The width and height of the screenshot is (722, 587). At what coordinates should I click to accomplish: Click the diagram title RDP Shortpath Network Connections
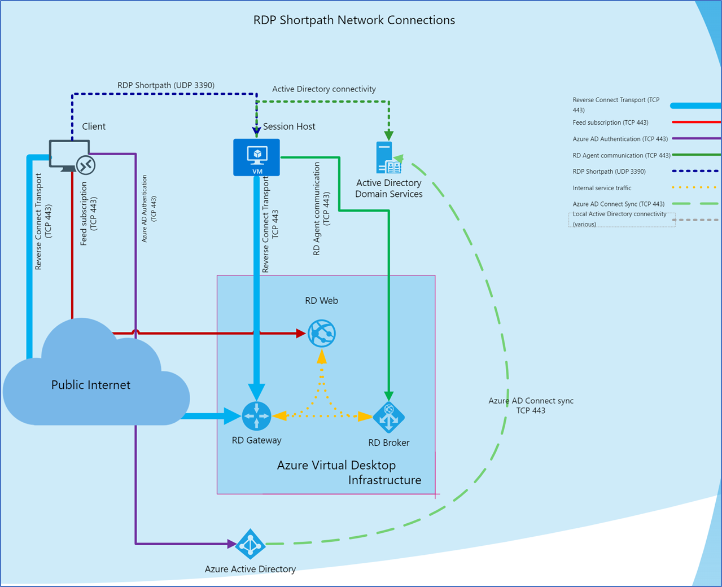(x=354, y=20)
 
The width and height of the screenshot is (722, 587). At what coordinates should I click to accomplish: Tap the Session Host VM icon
(x=257, y=157)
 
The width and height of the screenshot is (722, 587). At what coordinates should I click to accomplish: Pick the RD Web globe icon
(x=322, y=333)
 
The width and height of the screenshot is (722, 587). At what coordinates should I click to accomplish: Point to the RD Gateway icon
(x=257, y=416)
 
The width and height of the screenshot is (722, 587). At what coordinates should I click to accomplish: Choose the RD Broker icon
(x=388, y=418)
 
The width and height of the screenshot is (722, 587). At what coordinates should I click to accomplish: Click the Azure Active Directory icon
(x=250, y=544)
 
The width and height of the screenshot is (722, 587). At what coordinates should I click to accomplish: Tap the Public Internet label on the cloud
(x=91, y=385)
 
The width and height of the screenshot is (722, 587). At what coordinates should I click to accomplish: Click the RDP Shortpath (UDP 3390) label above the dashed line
(x=166, y=85)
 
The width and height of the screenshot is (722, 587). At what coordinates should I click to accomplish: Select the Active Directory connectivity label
(x=324, y=89)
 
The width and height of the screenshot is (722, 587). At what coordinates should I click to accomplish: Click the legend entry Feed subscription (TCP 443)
(x=610, y=122)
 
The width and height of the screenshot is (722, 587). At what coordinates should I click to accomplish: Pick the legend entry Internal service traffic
(x=602, y=188)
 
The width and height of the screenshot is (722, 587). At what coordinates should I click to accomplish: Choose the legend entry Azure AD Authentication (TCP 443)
(x=620, y=139)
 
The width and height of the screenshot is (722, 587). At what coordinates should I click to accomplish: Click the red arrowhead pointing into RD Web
(x=301, y=333)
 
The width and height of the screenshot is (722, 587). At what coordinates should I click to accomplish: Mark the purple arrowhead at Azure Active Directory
(x=231, y=544)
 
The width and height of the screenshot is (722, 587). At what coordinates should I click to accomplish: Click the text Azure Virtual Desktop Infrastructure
(x=349, y=472)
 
